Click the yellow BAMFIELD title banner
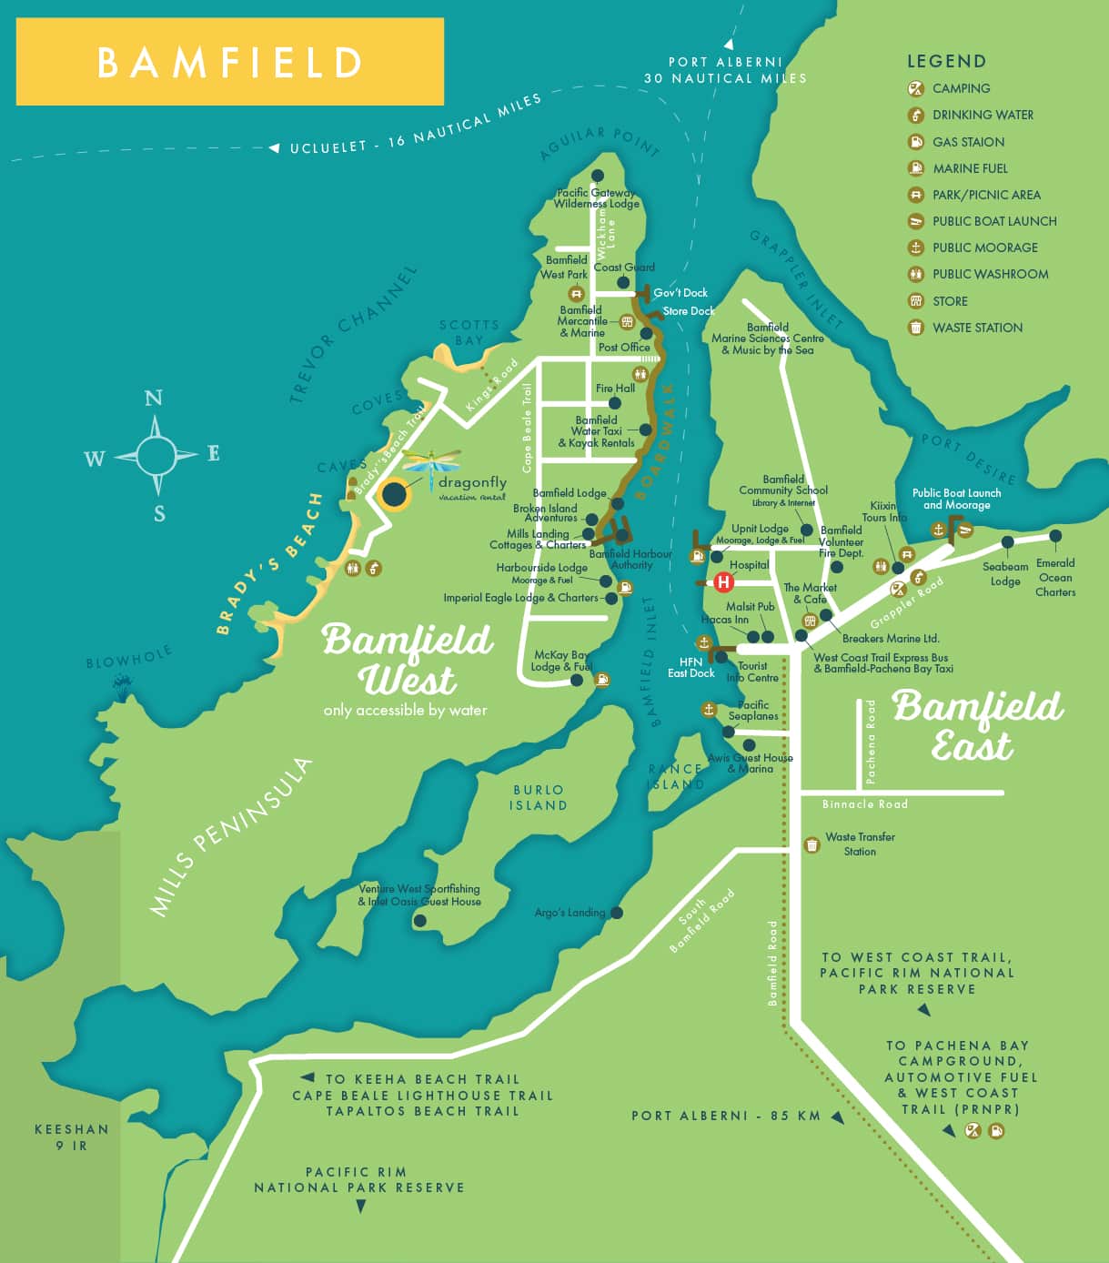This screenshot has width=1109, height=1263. [229, 62]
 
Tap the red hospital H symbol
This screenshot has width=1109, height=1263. [723, 581]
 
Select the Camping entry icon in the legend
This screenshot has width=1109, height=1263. [916, 88]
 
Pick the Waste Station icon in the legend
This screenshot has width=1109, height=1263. [916, 328]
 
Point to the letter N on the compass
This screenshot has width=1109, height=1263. [154, 398]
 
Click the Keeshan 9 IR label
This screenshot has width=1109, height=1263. [71, 1137]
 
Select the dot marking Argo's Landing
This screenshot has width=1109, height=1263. [617, 913]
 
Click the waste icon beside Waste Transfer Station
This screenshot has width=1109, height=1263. [812, 845]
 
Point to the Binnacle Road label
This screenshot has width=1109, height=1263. [864, 804]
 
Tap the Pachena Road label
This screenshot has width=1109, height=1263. [871, 743]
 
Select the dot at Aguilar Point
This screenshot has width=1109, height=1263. [598, 176]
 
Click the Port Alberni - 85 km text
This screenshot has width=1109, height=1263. [726, 1116]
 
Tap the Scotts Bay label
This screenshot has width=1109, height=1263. [469, 332]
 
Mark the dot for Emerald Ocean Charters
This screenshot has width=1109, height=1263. [1055, 536]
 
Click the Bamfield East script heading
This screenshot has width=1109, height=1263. [976, 725]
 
